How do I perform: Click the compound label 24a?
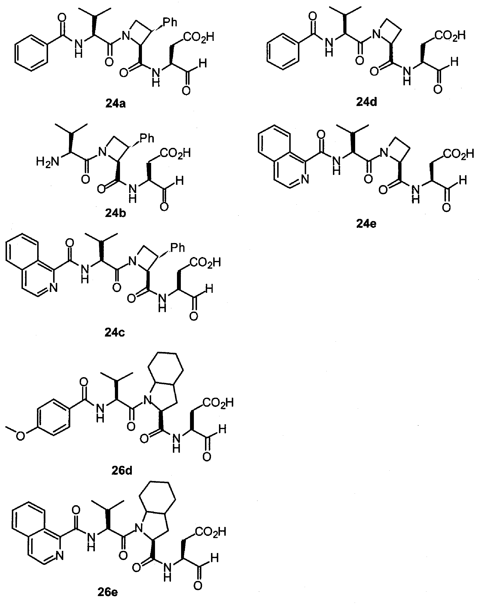pyautogui.click(x=115, y=104)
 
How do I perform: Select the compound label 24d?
pyautogui.click(x=366, y=102)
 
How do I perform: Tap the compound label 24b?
pyautogui.click(x=115, y=213)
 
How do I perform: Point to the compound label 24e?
pyautogui.click(x=366, y=223)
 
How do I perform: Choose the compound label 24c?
pyautogui.click(x=114, y=332)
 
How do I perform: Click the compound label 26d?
pyautogui.click(x=122, y=471)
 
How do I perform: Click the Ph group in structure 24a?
pyautogui.click(x=170, y=22)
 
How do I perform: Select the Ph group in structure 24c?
pyautogui.click(x=178, y=247)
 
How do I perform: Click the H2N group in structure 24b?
pyautogui.click(x=48, y=162)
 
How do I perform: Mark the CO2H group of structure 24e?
pyautogui.click(x=458, y=154)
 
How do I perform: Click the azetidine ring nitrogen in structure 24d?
pyautogui.click(x=377, y=35)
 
